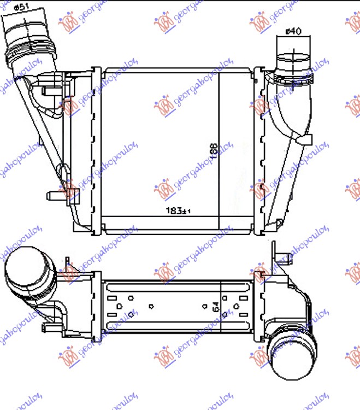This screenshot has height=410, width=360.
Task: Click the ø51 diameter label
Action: [x=20, y=7]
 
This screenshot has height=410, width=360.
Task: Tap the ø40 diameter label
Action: [x=293, y=31]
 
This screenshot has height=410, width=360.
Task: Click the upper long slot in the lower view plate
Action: [x=164, y=286]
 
